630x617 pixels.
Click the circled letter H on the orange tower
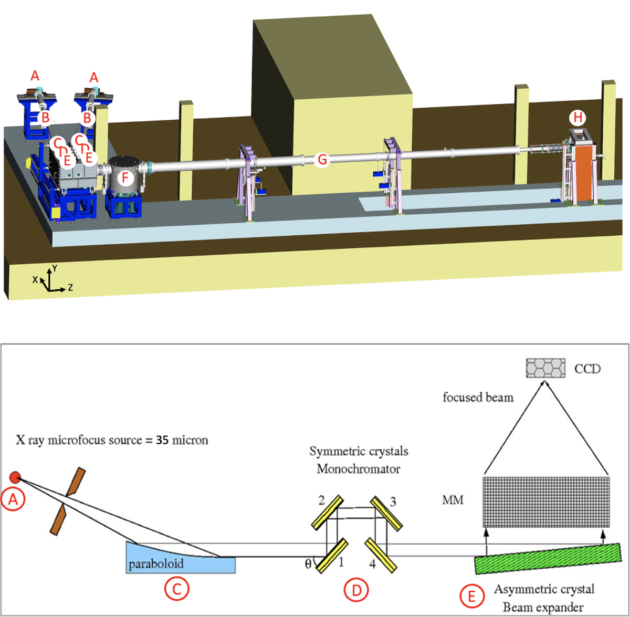[x=577, y=118]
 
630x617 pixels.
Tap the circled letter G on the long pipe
[x=322, y=160]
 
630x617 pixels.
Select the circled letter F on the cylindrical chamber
[x=125, y=178]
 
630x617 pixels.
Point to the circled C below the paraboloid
[x=176, y=589]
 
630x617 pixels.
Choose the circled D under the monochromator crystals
[x=356, y=590]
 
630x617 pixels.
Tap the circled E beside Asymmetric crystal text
[x=471, y=596]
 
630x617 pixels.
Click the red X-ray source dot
[x=15, y=477]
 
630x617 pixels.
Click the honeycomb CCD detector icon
[x=546, y=368]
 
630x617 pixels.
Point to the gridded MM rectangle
[x=546, y=501]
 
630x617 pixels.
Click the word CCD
[x=587, y=369]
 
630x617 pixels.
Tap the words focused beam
[x=478, y=397]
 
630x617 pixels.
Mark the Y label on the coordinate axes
[x=55, y=268]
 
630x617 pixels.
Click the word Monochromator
[x=359, y=468]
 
